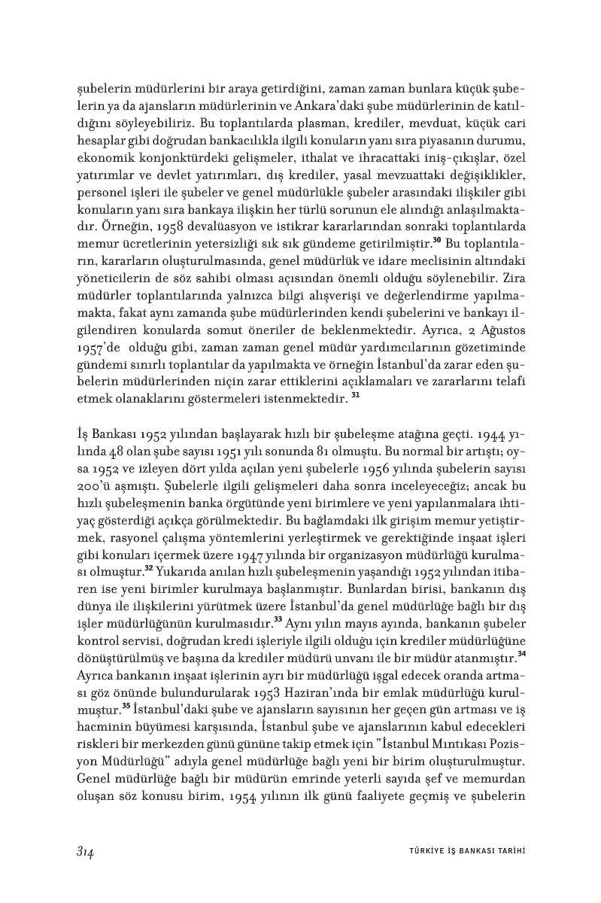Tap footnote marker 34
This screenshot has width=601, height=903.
point(521,654)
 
